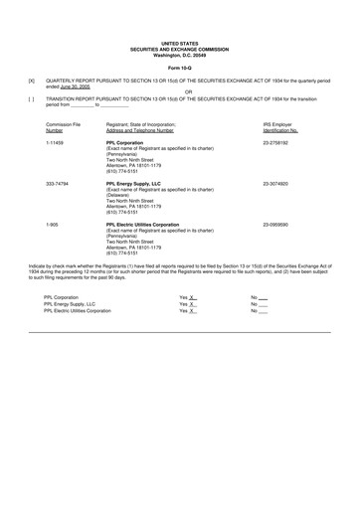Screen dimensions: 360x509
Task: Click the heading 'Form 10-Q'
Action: (180, 67)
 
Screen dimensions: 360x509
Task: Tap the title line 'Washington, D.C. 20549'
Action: (180, 54)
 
